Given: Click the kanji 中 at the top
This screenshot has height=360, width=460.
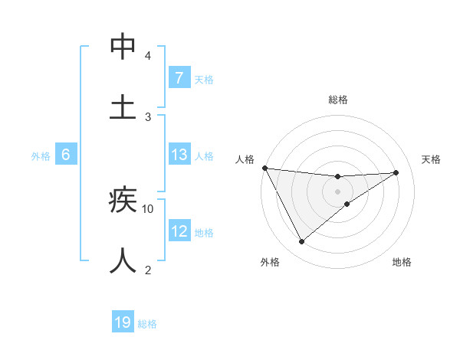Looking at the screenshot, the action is point(123,46).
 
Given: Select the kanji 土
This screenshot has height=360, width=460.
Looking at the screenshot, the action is point(123,106).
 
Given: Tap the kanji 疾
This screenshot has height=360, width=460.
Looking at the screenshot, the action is point(123,200).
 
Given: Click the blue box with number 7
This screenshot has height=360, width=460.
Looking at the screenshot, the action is point(179,77).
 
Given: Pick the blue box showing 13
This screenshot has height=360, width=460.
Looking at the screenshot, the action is point(179,155).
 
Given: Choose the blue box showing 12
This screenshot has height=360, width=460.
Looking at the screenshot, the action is point(179,231).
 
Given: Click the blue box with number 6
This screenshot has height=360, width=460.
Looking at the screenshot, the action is point(65,155).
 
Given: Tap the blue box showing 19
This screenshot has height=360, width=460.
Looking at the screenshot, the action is point(123,322).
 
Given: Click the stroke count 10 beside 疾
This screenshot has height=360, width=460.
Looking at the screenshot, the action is point(148,208).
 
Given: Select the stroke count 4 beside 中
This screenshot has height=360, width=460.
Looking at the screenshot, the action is point(148,55).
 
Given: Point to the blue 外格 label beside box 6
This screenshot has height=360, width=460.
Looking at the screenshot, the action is point(41,156).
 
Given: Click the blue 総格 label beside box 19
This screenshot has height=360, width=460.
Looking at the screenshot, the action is point(147,324).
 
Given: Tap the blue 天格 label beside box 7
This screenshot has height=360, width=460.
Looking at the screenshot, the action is point(204,80).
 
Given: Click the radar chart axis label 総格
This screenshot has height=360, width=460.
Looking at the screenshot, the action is point(338,100).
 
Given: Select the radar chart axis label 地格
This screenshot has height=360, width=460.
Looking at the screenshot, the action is point(402,263).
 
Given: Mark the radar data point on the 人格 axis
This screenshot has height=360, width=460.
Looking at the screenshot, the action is point(264,168).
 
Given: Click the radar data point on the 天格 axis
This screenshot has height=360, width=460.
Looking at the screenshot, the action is point(396,172).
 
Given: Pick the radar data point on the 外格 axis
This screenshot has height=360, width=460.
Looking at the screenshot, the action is point(301,242).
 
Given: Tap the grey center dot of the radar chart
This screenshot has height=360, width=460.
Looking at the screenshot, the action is point(337,191).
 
